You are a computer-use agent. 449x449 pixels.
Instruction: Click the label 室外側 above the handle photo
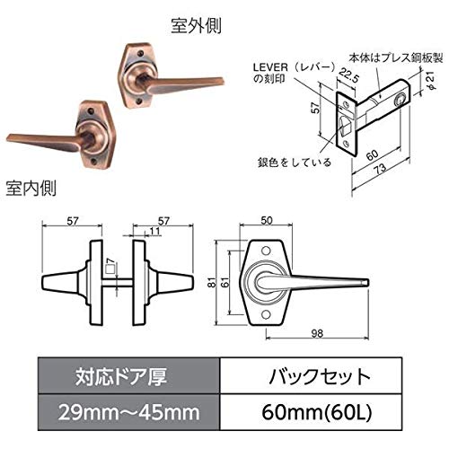(x=196, y=26)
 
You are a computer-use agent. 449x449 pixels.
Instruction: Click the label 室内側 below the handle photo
(x=31, y=189)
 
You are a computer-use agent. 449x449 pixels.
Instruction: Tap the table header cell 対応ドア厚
(x=121, y=376)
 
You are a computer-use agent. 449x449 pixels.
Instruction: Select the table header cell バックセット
(x=320, y=376)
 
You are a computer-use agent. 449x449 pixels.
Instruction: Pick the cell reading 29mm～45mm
(x=128, y=412)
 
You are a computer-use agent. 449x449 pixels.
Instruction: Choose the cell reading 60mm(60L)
(x=317, y=412)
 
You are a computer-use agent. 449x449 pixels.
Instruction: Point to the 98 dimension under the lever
(x=317, y=333)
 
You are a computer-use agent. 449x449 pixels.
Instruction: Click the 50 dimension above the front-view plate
(x=267, y=220)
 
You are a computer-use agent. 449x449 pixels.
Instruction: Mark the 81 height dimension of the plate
(x=212, y=282)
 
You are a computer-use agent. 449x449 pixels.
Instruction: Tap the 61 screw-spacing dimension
(x=225, y=282)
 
